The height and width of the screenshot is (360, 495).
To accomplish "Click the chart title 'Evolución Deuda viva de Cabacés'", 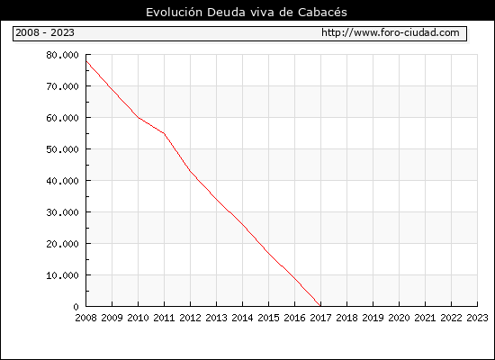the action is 247,13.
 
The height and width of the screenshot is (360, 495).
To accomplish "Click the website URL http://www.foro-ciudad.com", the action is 391,32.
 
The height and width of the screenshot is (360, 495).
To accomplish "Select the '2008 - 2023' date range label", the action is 45,32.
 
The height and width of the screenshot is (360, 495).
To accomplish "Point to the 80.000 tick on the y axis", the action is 62,55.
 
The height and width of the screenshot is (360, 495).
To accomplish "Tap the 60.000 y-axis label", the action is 62,118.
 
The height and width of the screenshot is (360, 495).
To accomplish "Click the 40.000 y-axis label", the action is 62,181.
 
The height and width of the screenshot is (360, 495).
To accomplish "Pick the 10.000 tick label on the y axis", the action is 62,275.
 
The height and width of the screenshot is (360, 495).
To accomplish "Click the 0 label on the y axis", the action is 76,307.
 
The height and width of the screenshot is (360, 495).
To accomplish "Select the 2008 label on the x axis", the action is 85,318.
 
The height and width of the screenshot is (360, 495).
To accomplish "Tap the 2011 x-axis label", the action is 164,318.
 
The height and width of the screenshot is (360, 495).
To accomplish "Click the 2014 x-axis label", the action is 242,318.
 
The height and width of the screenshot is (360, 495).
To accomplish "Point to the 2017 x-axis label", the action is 320,318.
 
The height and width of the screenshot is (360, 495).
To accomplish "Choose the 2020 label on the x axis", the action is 399,318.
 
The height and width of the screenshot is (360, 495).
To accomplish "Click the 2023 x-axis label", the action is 477,318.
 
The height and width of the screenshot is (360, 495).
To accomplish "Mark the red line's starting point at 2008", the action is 86,61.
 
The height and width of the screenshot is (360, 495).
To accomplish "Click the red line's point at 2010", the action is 139,118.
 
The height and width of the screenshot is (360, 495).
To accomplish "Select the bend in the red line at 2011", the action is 164,133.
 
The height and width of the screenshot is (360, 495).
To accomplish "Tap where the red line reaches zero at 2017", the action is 320,306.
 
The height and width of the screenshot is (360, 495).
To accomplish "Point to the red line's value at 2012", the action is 191,171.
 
